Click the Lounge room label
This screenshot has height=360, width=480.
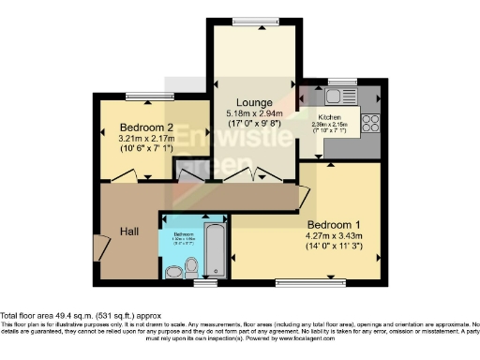click(254, 102)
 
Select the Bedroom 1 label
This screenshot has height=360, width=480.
click(334, 226)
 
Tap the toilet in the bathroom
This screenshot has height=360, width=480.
click(174, 272)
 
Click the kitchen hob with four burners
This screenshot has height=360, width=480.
click(368, 123)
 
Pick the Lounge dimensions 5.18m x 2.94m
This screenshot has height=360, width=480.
click(254, 113)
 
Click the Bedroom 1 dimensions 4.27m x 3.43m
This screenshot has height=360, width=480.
click(334, 237)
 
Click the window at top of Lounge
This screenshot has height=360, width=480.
click(254, 22)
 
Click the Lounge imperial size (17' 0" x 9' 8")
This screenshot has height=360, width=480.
click(254, 123)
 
